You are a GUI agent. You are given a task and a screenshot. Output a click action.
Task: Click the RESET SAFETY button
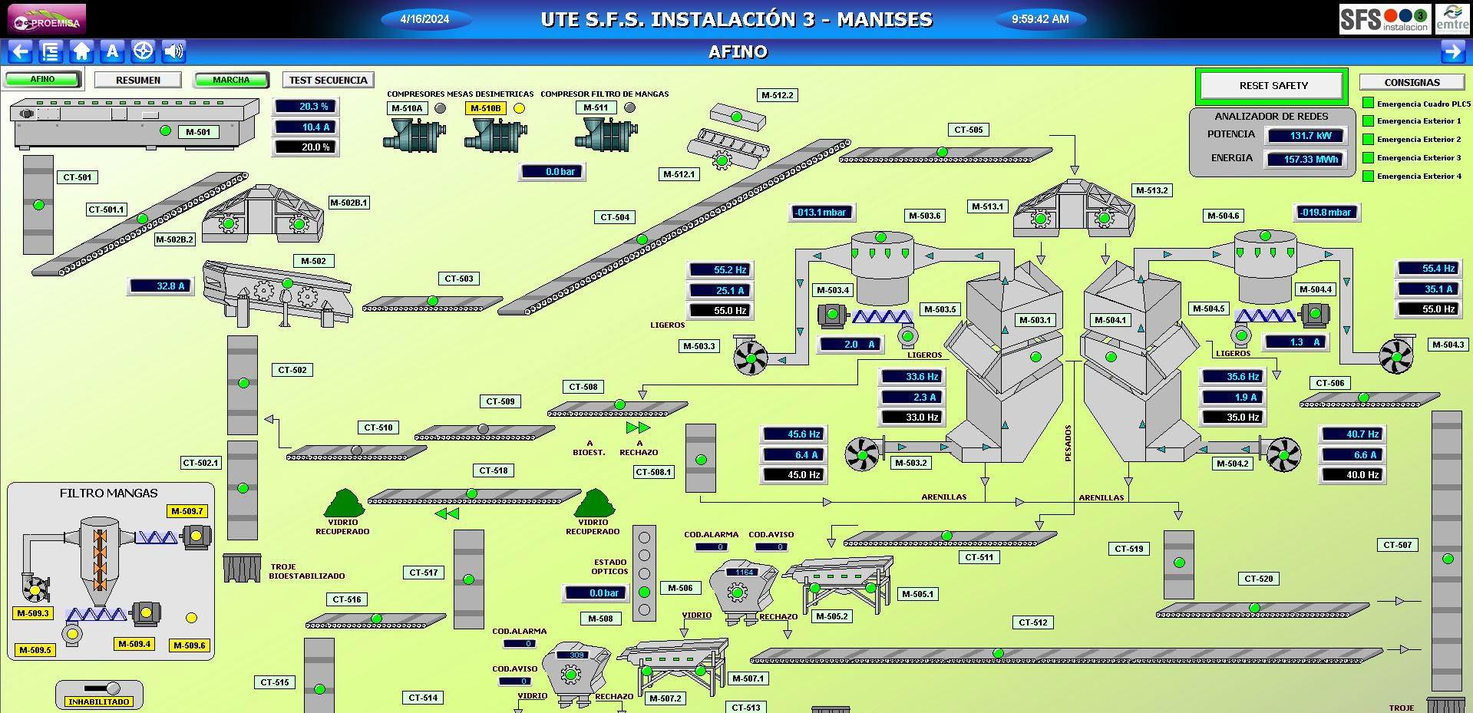click(1273, 86)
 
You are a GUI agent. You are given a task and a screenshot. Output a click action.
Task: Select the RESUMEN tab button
click(138, 80)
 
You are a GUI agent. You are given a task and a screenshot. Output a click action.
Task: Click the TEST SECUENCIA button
click(328, 80)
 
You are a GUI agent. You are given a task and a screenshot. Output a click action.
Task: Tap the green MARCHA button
click(231, 80)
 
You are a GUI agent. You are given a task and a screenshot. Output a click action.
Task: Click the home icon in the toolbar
click(81, 51)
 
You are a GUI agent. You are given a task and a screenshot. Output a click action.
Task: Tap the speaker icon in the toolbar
click(174, 51)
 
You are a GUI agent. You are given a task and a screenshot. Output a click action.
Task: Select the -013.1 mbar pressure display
click(821, 213)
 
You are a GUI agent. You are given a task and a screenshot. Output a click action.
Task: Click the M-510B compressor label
click(485, 108)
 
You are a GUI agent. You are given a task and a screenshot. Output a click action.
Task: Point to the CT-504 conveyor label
click(615, 217)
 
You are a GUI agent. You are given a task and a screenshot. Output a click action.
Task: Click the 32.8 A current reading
click(160, 286)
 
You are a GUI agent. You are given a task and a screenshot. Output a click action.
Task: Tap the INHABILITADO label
click(99, 701)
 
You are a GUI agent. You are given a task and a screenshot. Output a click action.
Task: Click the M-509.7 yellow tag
click(187, 511)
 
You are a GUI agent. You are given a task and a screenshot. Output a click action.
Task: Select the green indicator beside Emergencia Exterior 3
click(1368, 158)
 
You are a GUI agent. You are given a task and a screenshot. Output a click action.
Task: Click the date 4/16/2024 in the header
click(424, 19)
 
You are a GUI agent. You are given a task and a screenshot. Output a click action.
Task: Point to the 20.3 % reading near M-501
click(305, 107)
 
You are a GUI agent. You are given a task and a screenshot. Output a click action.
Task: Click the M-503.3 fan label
click(699, 346)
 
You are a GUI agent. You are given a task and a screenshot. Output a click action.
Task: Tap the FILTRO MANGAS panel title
click(109, 493)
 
